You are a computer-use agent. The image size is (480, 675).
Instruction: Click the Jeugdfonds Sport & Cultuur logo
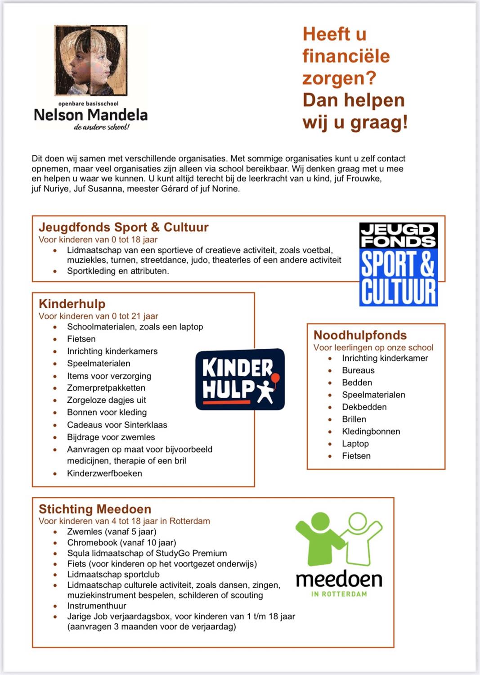click(398, 265)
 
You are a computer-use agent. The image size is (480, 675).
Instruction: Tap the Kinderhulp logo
click(240, 379)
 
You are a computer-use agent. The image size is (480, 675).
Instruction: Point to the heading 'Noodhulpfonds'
click(360, 335)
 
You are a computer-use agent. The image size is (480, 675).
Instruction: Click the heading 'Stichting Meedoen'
click(95, 509)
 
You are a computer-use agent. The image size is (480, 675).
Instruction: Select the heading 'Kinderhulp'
click(72, 304)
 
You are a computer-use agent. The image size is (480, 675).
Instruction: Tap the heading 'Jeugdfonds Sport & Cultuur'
click(124, 227)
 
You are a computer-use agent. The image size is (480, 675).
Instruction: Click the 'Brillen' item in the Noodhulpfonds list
click(354, 419)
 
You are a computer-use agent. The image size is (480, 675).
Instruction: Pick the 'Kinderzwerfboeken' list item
click(104, 473)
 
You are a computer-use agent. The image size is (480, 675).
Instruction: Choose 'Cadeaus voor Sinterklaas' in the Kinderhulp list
click(117, 425)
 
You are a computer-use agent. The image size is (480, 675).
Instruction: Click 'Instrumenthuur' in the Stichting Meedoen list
click(97, 606)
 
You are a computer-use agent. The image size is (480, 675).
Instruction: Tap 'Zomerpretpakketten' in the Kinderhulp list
click(106, 388)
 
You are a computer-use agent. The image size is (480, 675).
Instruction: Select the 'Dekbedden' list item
click(364, 407)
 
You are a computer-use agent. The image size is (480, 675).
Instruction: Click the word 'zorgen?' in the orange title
click(339, 78)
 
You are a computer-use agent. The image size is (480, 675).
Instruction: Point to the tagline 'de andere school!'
click(102, 127)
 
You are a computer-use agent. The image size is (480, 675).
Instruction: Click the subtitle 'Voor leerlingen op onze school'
click(373, 347)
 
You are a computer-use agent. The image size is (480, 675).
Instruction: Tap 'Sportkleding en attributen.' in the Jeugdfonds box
click(118, 271)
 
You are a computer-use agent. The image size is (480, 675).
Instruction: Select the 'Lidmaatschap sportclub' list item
click(113, 575)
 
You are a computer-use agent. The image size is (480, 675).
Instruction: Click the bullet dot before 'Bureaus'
click(330, 371)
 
